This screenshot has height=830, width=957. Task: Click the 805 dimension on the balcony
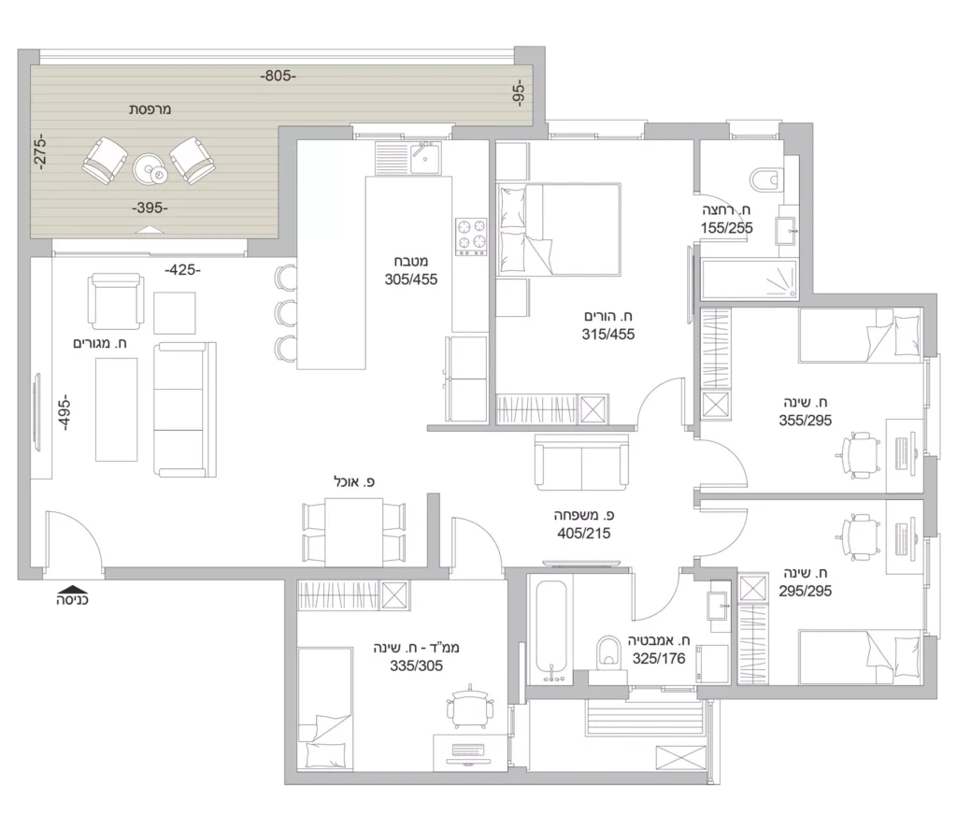[278, 77]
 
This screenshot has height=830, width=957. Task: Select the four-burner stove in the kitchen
[471, 236]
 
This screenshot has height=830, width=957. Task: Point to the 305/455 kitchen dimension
[411, 279]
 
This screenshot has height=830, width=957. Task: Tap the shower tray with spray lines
[750, 279]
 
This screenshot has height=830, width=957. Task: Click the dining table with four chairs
[354, 532]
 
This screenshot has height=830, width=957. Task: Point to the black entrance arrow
[72, 588]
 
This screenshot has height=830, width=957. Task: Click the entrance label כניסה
[73, 600]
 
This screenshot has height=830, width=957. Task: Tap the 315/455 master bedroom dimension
[607, 335]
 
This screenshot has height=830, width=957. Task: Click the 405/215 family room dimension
[583, 534]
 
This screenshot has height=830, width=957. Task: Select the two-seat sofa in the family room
[581, 462]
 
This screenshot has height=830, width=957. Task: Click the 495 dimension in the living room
[64, 414]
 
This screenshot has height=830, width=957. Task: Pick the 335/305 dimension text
[416, 665]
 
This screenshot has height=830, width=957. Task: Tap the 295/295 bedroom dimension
[805, 591]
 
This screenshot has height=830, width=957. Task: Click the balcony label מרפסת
[150, 110]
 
